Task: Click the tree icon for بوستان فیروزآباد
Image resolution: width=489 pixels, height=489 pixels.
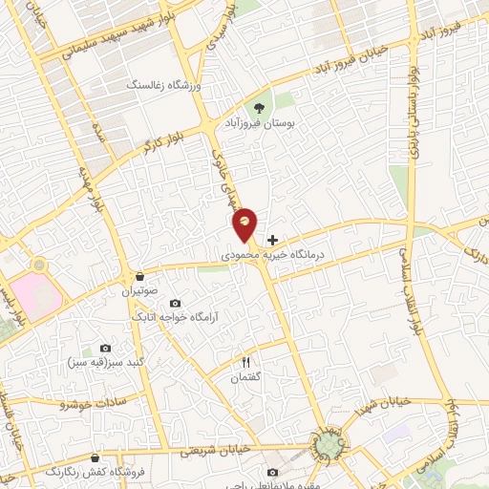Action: (x=260, y=107)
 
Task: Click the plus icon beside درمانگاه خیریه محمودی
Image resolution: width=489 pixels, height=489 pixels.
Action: (x=273, y=240)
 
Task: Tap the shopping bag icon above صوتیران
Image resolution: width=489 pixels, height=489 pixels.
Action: (x=139, y=273)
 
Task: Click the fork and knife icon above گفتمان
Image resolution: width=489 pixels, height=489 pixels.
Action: (x=245, y=363)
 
